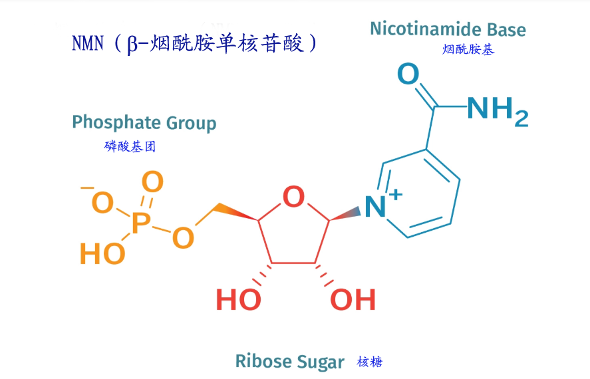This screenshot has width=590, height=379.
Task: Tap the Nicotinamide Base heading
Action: tap(448, 29)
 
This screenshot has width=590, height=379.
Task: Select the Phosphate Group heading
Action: tap(144, 123)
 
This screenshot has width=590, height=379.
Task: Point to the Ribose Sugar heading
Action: tap(289, 362)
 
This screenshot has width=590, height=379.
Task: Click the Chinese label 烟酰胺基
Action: tap(468, 49)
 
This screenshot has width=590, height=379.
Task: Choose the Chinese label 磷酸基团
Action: tap(130, 146)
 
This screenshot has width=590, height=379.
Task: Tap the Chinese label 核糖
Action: tap(370, 362)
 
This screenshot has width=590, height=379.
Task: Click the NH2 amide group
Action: tap(497, 110)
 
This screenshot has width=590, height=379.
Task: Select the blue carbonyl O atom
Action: tap(408, 74)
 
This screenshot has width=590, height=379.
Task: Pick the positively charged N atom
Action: tap(376, 207)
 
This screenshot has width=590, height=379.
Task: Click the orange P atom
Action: tap(140, 223)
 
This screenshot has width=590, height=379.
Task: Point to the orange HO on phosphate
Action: tap(102, 253)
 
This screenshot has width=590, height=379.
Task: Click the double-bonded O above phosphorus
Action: tap(152, 182)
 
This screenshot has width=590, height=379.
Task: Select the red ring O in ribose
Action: tap(293, 197)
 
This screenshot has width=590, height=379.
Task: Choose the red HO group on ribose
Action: tap(238, 301)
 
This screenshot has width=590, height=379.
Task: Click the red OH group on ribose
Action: tap(353, 301)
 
